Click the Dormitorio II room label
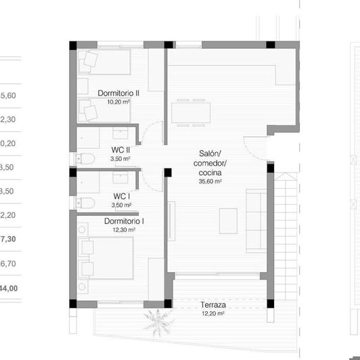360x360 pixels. pos(118,93)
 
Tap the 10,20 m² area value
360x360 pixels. pos(118,102)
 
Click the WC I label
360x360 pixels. pos(122,196)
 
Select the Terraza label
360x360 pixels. pos(213,306)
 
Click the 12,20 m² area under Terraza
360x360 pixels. pos(213,314)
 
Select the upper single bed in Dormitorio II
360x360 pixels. pos(105,62)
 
